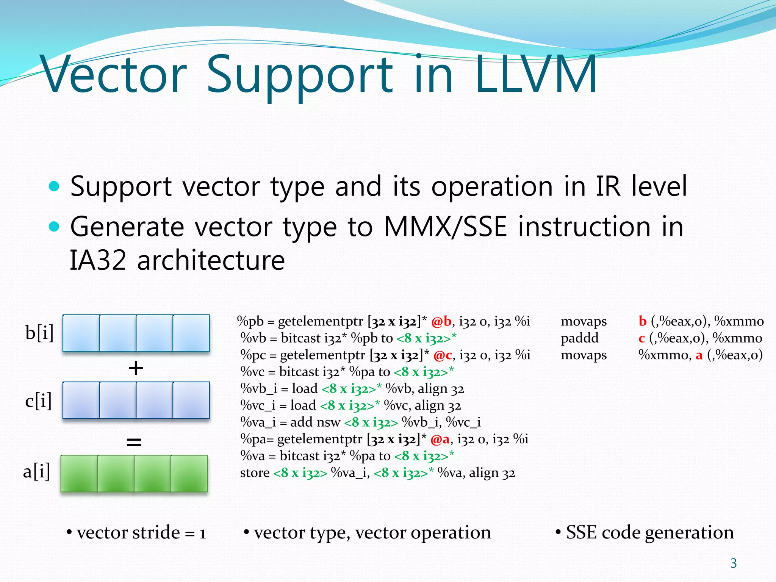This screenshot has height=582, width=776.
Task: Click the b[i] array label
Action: point(39,333)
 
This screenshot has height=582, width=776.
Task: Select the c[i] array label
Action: point(38,401)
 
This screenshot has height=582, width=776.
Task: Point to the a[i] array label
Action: point(36,471)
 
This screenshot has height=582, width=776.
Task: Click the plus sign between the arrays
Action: point(136,368)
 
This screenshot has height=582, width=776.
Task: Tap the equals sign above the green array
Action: point(134,441)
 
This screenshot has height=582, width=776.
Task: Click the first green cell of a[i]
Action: point(79,473)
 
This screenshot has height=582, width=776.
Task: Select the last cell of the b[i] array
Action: point(191,333)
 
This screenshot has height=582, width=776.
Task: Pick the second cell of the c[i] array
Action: point(117,400)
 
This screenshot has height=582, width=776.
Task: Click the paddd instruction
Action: point(579,338)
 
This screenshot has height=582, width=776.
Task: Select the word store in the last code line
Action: point(255,473)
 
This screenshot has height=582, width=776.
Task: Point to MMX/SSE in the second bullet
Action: point(445,227)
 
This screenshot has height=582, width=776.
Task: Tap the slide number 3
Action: point(733,563)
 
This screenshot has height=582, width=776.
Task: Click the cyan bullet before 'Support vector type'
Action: point(55,186)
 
